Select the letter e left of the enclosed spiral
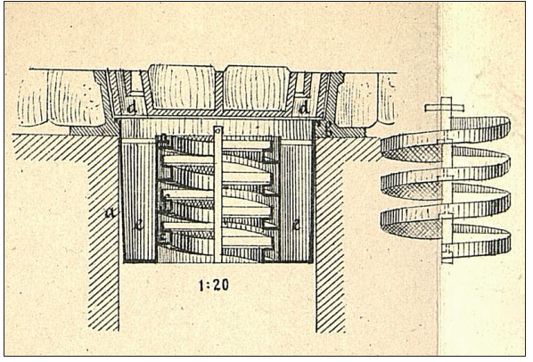139,226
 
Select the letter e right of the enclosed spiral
295,226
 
